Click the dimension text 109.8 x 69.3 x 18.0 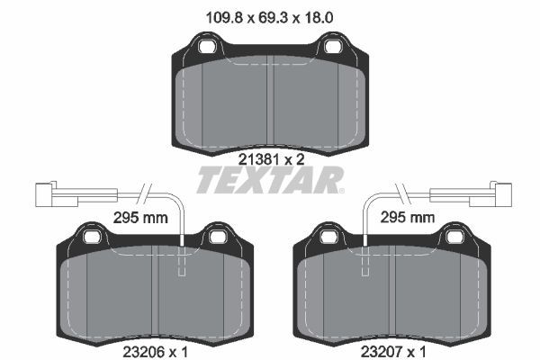[270, 14]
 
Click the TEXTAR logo [270, 180]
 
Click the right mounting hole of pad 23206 [216, 238]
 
